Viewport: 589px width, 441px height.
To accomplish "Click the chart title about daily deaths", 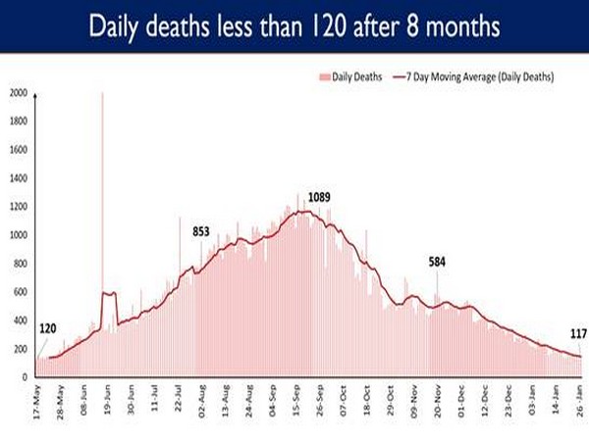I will [294, 25].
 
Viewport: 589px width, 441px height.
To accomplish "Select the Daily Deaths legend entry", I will [348, 76].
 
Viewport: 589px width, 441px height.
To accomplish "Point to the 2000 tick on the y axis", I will [17, 93].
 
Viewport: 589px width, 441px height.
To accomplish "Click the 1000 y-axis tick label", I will [17, 235].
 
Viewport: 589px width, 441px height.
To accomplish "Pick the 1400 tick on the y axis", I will [17, 178].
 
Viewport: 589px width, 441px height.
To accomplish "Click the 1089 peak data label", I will [319, 198].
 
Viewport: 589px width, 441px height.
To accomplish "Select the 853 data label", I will [200, 231].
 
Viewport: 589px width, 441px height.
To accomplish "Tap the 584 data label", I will [439, 262].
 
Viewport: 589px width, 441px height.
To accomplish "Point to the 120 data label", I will [48, 329].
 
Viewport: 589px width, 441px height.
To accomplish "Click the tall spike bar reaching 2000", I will [102, 196].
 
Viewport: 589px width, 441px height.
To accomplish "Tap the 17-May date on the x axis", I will [36, 399].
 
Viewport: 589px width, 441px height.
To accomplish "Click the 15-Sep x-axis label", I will [295, 399].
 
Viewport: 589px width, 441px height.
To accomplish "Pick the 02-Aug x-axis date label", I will [201, 399].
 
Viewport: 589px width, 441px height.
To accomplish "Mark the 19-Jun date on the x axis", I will [107, 399].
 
